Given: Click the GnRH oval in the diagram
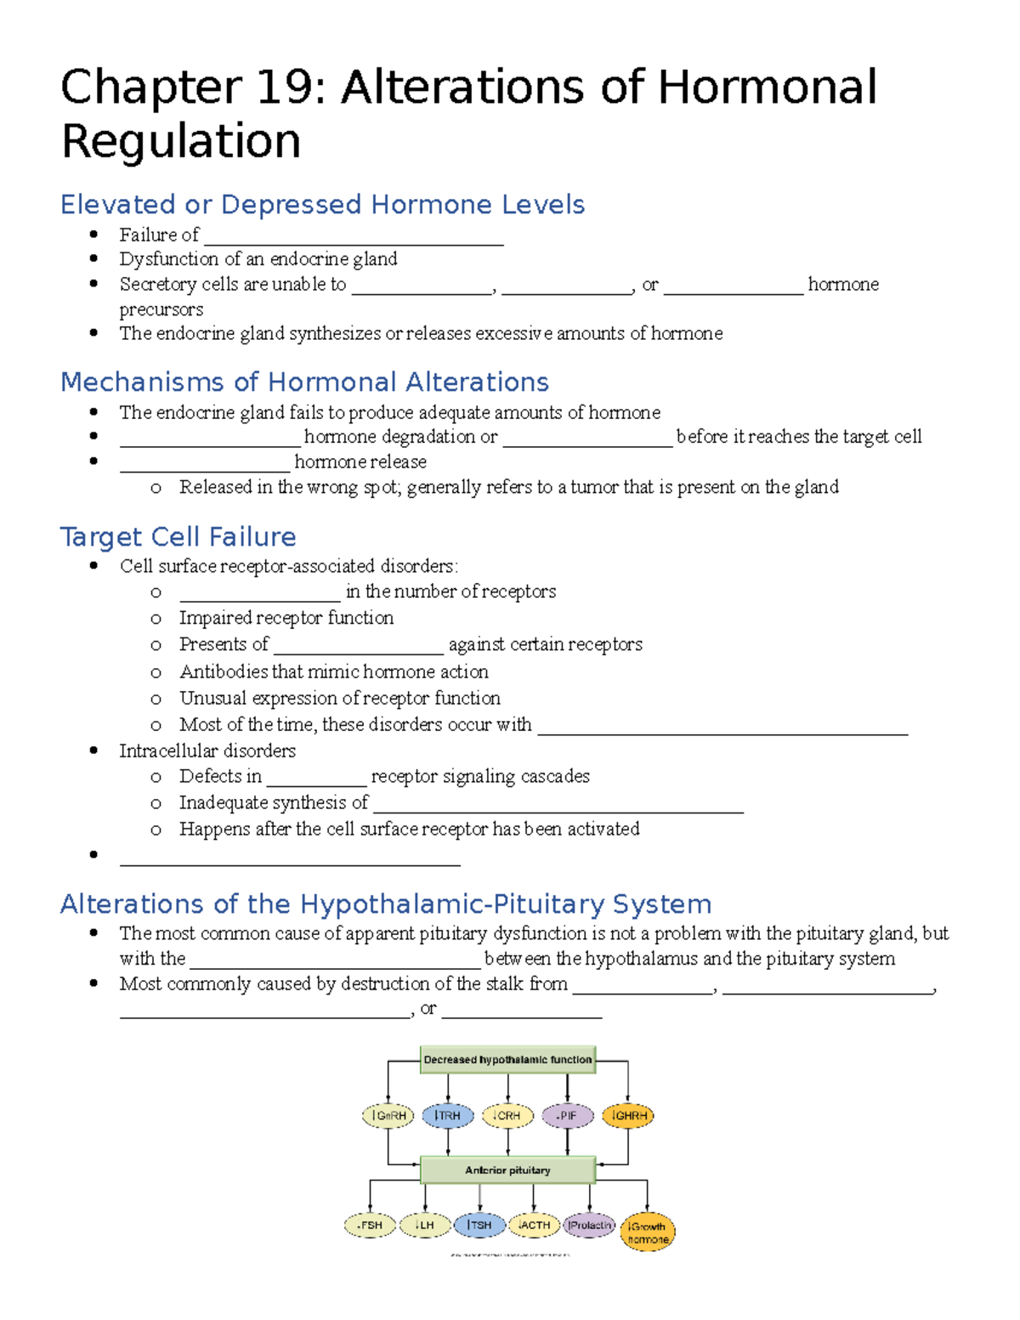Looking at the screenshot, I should (x=388, y=1115).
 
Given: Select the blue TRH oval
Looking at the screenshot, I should (x=448, y=1115).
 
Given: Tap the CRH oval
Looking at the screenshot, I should (x=507, y=1115).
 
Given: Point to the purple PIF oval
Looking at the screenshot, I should (x=567, y=1115).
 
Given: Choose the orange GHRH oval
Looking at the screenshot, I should (x=627, y=1115).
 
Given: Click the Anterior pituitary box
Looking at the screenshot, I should (x=507, y=1170).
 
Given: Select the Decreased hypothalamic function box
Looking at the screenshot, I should (x=507, y=1060).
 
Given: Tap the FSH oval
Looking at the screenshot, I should (x=370, y=1226).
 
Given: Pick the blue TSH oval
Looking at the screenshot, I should (x=479, y=1225).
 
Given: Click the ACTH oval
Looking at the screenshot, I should (x=534, y=1225).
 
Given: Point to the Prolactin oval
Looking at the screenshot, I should (x=589, y=1225).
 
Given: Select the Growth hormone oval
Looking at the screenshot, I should (x=648, y=1232).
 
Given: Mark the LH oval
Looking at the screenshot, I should (x=424, y=1225).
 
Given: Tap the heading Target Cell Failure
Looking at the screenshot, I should (x=178, y=537).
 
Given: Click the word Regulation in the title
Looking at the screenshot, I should (x=181, y=141).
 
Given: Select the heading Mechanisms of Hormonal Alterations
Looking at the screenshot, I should (x=304, y=382).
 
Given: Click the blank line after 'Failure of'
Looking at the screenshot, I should (x=354, y=237).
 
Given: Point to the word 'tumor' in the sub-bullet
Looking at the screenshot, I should (x=593, y=487).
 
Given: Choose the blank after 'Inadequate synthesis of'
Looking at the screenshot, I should (x=558, y=804).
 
